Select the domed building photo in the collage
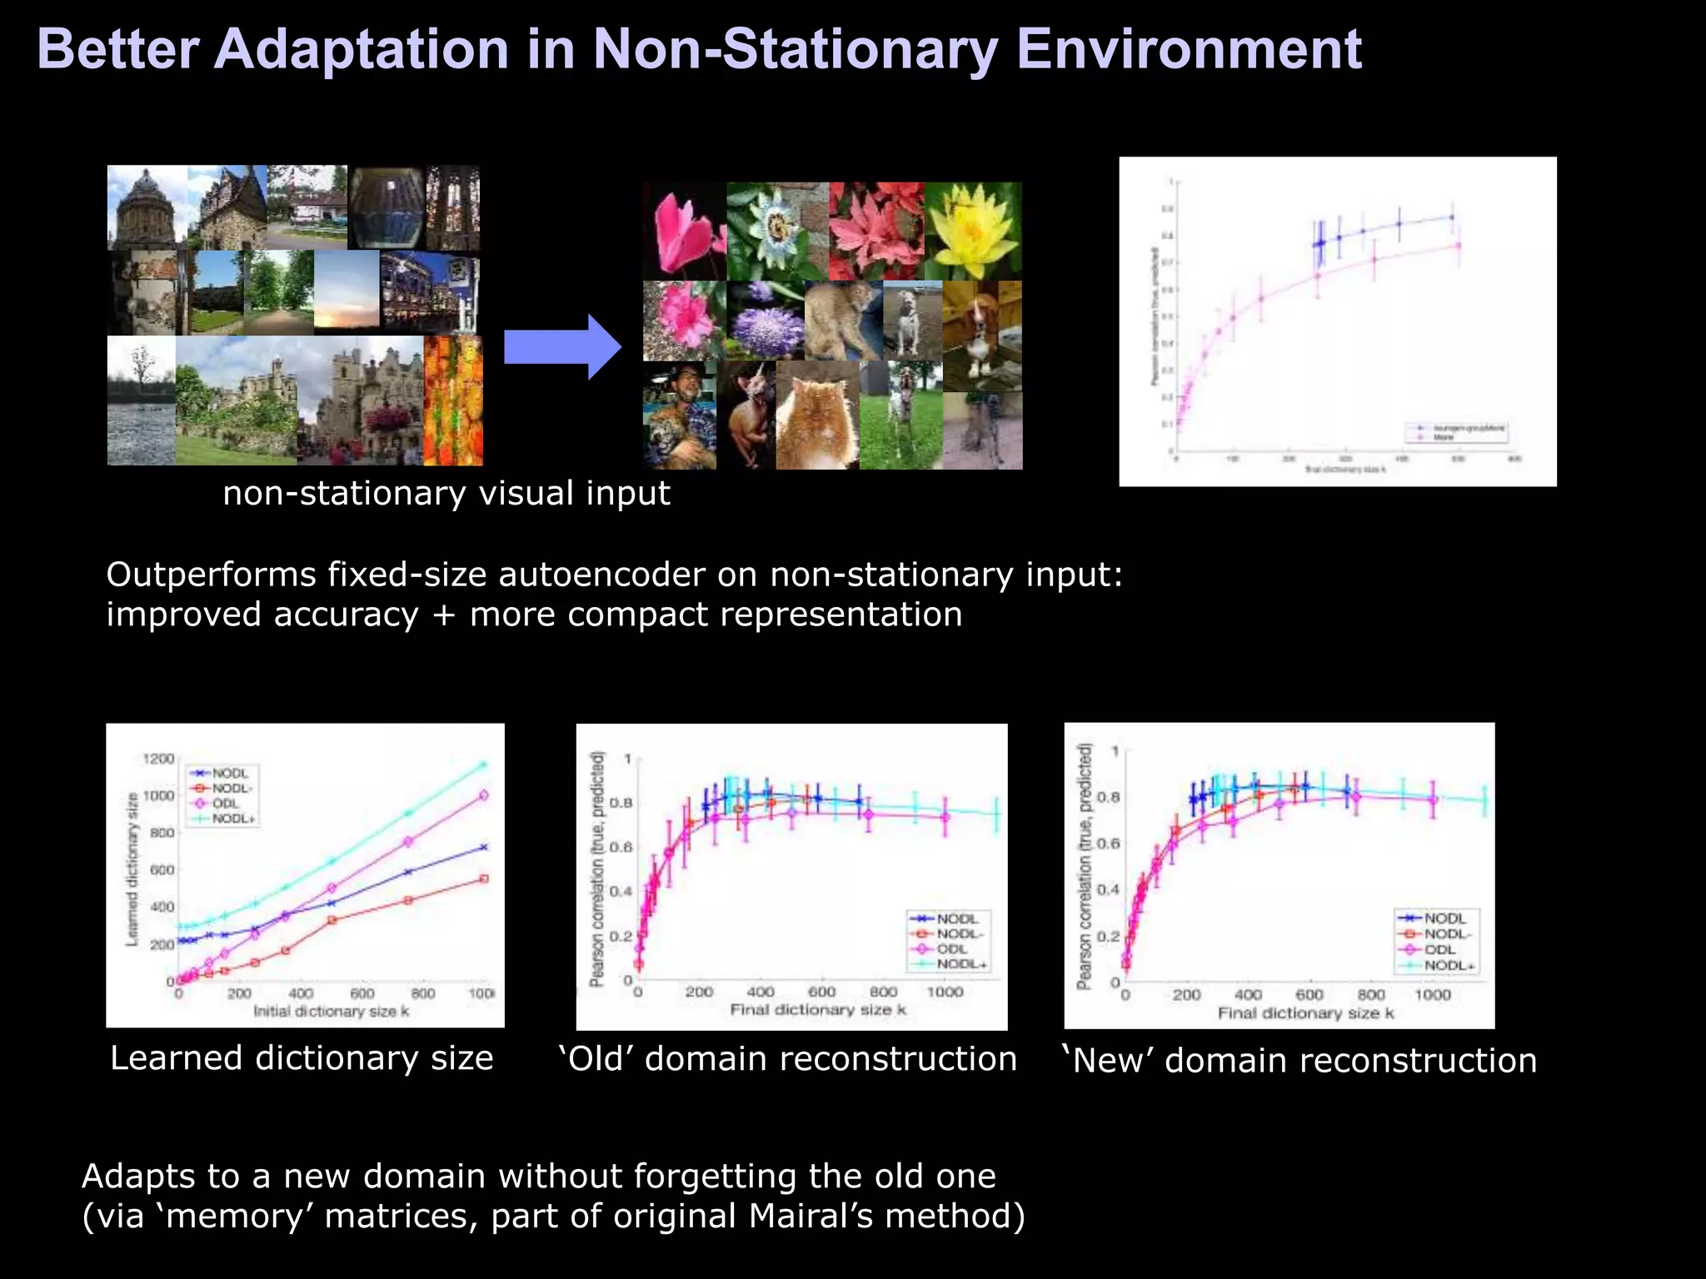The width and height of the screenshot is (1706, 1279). (x=147, y=208)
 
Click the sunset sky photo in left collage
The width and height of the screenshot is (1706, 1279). (x=347, y=291)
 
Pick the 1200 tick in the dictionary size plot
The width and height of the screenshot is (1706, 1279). (x=158, y=759)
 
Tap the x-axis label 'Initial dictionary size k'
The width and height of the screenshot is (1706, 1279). (x=332, y=1011)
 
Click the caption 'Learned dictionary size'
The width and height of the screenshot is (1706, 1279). (x=302, y=1058)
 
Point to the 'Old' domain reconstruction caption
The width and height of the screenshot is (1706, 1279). (x=788, y=1059)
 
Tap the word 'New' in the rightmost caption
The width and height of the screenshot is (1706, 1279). (x=1110, y=1061)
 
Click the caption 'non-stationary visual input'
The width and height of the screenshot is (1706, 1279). (x=446, y=493)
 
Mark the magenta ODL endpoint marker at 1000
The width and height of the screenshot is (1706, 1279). (x=484, y=795)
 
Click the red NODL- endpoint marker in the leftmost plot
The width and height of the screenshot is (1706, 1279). (x=484, y=878)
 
